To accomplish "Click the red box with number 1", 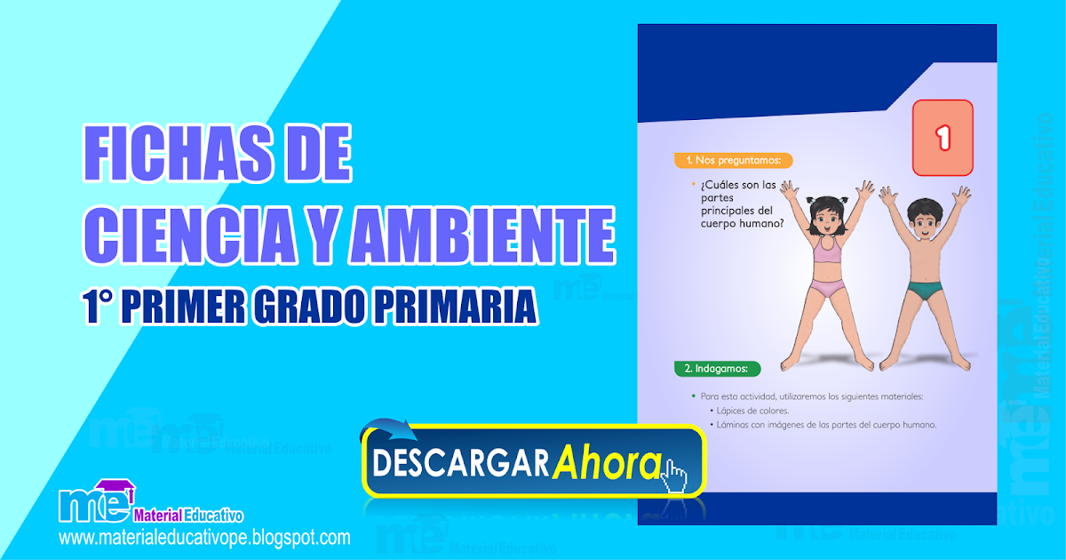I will pos(943,137).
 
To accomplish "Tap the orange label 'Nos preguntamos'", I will pos(733,161).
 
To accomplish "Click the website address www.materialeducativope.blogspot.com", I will pos(204,538).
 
